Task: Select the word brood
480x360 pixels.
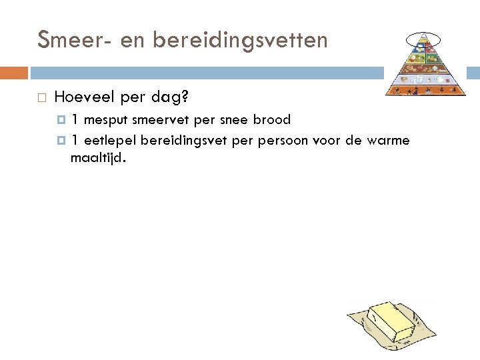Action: click(x=272, y=121)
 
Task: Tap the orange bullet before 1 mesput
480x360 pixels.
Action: click(x=62, y=121)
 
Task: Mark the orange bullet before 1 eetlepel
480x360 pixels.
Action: click(x=62, y=141)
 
